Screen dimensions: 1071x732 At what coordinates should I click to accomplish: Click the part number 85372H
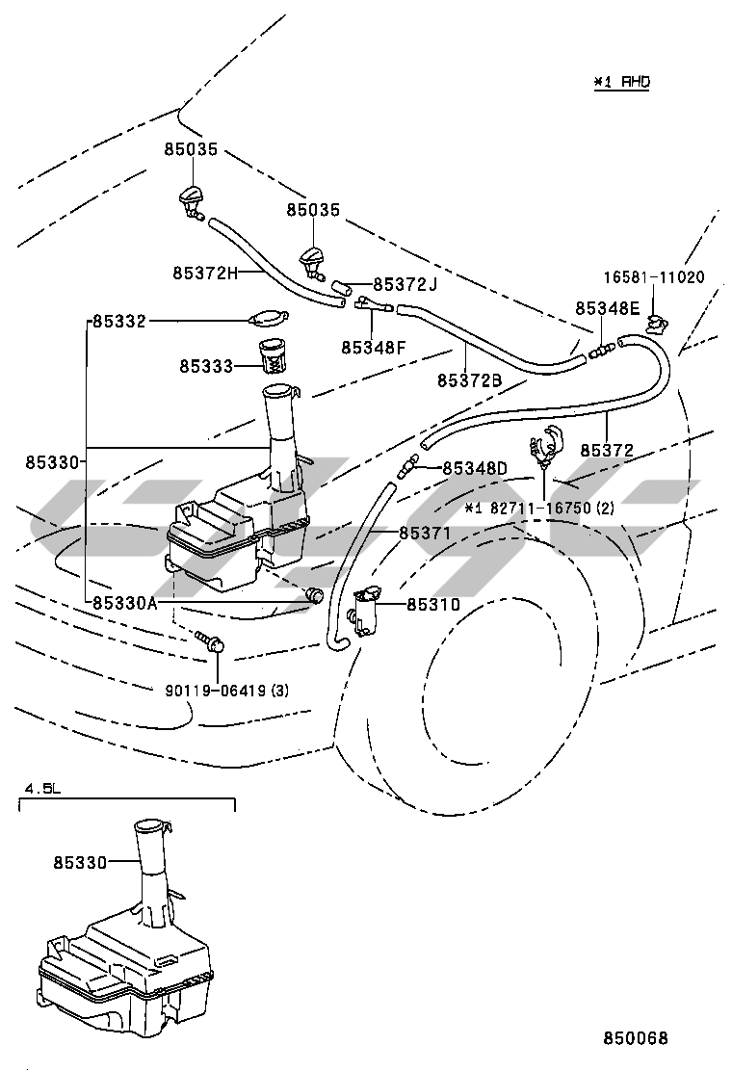[205, 274]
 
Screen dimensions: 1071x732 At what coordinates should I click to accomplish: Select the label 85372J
[405, 285]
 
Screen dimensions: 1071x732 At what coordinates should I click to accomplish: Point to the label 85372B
[469, 380]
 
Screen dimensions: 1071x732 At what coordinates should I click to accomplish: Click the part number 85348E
[608, 308]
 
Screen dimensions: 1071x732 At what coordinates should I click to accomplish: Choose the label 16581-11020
[654, 277]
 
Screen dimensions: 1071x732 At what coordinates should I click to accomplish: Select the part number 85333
[204, 366]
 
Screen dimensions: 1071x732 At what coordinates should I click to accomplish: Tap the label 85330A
[125, 604]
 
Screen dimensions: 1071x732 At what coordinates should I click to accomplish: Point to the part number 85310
[433, 605]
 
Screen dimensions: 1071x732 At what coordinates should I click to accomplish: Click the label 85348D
[475, 469]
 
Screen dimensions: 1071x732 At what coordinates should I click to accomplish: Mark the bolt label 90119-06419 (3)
[225, 690]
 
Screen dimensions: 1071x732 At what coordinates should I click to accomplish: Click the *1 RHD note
[621, 83]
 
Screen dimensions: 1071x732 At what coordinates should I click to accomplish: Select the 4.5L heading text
[42, 789]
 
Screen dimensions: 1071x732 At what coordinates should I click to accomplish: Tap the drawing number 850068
[636, 1038]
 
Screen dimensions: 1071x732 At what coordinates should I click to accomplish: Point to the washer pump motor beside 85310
[367, 610]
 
